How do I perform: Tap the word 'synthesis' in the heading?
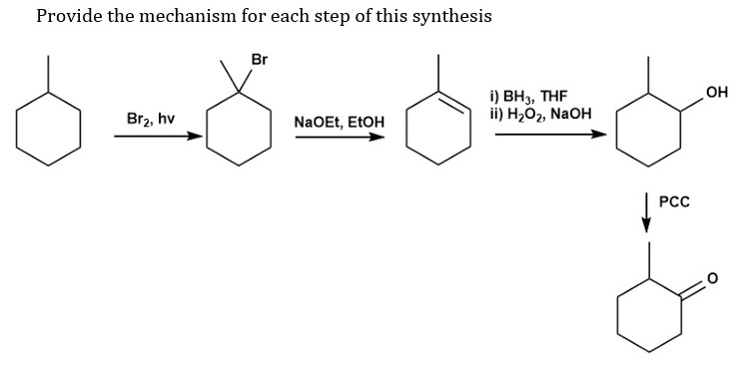444,16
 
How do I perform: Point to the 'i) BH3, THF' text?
528,98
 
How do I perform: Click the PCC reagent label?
675,200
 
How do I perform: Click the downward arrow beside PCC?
647,214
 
